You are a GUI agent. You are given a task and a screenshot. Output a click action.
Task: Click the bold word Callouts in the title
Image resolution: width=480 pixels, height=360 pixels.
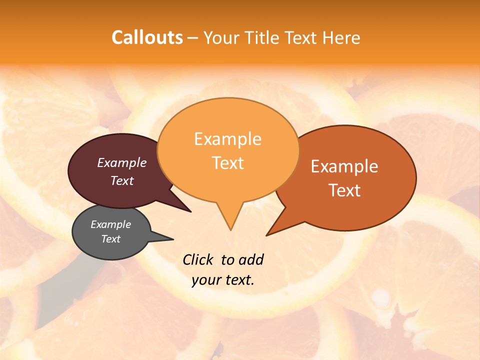point(147,37)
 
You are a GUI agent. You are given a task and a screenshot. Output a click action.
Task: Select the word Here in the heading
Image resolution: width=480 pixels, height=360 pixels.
point(341,37)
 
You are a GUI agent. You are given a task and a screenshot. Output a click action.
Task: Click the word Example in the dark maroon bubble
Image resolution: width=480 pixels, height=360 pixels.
point(122,162)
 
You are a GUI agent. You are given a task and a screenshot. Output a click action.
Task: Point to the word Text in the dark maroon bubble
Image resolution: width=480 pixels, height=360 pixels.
point(122,180)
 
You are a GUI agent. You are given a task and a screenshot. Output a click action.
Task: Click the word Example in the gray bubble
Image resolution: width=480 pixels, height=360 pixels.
point(111,224)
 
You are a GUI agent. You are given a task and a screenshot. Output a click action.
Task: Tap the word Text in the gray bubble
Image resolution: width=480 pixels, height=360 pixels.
point(111,239)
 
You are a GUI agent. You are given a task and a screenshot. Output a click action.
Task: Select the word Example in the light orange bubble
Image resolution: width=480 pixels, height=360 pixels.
point(227,139)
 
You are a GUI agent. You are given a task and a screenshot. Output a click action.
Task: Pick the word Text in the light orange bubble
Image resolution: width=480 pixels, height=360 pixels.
point(227,163)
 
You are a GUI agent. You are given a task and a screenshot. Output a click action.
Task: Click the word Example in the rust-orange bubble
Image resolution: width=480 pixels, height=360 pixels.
point(344,166)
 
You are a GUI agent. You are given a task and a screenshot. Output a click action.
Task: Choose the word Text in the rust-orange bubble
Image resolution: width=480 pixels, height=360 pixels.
point(344,190)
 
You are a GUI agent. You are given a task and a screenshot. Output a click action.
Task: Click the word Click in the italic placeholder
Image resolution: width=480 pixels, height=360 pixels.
point(198,259)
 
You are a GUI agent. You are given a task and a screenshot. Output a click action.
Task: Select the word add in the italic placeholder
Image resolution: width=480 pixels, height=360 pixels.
point(251,259)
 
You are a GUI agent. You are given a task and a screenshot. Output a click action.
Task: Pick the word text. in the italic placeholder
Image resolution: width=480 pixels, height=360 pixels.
point(239,280)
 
